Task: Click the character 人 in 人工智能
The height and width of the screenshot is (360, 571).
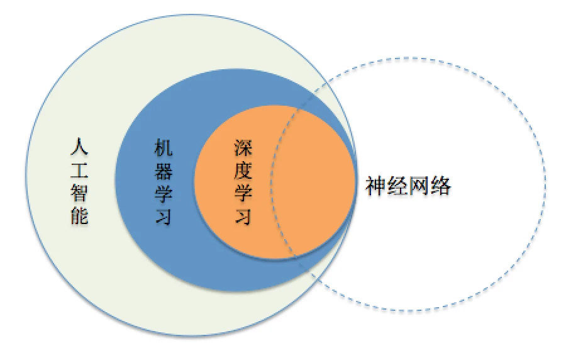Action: tap(79, 147)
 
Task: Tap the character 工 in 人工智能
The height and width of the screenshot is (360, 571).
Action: tap(79, 170)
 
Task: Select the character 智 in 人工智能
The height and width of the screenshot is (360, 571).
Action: tap(79, 193)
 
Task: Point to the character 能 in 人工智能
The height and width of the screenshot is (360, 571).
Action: tap(79, 215)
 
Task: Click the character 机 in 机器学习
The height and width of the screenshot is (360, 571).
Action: tap(163, 147)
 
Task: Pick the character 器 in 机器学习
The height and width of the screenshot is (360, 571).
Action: tap(163, 170)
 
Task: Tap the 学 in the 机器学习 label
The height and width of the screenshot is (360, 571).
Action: tap(163, 193)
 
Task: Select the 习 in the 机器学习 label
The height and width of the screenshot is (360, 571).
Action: tap(163, 215)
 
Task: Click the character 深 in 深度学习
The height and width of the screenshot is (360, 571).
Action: tap(243, 147)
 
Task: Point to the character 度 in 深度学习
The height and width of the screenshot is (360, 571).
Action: tap(243, 170)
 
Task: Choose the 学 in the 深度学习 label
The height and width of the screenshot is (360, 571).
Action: tap(243, 193)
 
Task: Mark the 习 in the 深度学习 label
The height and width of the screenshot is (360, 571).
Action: tap(243, 215)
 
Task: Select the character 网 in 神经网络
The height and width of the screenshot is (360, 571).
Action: tap(419, 186)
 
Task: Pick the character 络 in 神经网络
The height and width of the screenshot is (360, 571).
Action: tap(441, 186)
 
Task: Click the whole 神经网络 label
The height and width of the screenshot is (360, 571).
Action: tap(408, 186)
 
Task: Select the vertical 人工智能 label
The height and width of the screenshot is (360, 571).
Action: tap(79, 181)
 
